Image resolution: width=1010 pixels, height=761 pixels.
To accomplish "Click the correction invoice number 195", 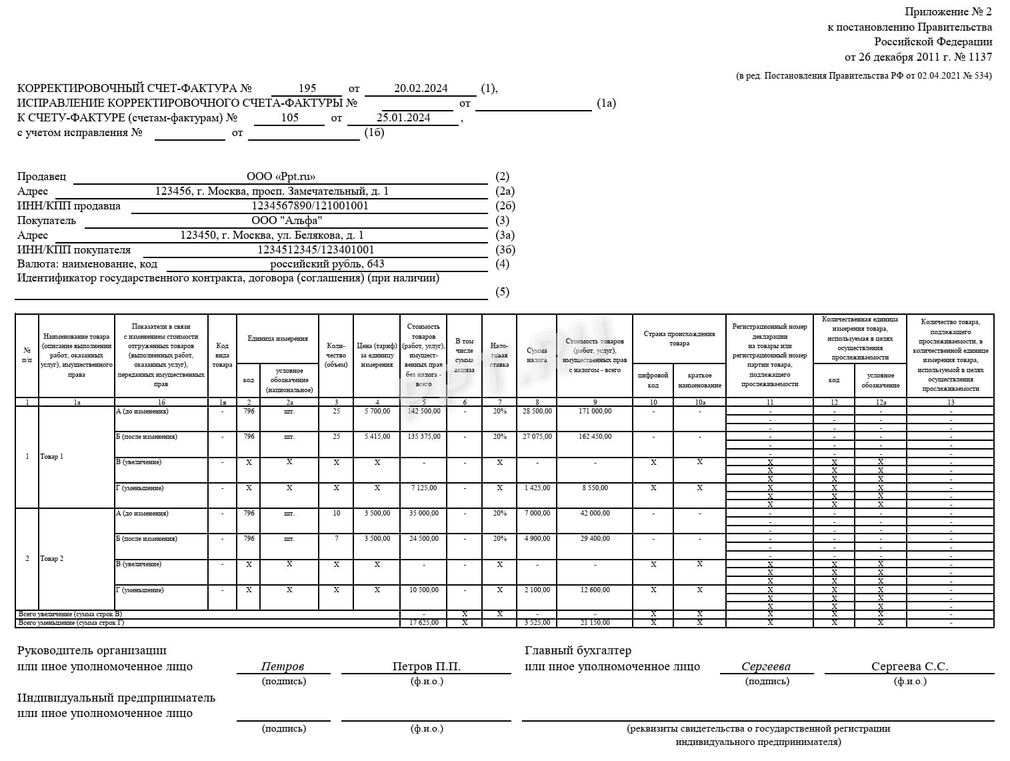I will pyautogui.click(x=307, y=88).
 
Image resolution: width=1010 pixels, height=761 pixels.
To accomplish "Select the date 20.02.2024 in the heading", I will pyautogui.click(x=421, y=88).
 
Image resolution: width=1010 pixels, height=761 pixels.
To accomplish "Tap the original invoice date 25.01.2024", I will pyautogui.click(x=403, y=118).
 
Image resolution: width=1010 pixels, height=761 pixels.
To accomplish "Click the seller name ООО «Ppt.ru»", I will pyautogui.click(x=281, y=177).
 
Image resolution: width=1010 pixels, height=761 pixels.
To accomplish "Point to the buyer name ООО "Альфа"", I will pyautogui.click(x=287, y=221).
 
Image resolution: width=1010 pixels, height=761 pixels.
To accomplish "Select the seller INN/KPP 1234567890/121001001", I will pyautogui.click(x=310, y=206).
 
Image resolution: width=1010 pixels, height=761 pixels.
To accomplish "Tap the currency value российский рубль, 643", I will pyautogui.click(x=327, y=264).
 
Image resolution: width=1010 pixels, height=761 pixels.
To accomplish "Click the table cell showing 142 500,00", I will pyautogui.click(x=423, y=412).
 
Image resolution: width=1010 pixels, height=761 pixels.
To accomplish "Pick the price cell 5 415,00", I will pyautogui.click(x=377, y=437).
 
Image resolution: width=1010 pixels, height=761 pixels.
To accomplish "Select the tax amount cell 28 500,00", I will pyautogui.click(x=537, y=412).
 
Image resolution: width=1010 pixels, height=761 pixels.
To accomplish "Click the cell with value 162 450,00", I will pyautogui.click(x=595, y=437).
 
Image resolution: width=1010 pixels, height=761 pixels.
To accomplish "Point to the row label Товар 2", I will pyautogui.click(x=52, y=559).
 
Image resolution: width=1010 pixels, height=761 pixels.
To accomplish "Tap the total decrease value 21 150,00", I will pyautogui.click(x=595, y=623).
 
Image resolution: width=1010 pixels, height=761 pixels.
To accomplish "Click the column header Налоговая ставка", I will pyautogui.click(x=499, y=355).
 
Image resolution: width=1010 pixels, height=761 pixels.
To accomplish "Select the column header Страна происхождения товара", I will pyautogui.click(x=679, y=339).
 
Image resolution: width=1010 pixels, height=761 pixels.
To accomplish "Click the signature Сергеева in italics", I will pyautogui.click(x=766, y=666).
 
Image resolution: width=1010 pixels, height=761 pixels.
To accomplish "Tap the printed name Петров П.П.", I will pyautogui.click(x=427, y=666).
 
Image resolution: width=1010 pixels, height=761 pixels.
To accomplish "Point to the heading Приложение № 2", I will pyautogui.click(x=948, y=12).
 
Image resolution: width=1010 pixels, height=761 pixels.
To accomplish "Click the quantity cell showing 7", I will pyautogui.click(x=337, y=539).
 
